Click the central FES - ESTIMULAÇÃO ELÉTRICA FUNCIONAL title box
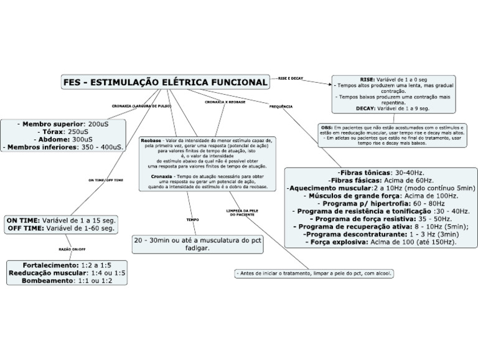(x=165, y=82)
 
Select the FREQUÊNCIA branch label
(x=281, y=107)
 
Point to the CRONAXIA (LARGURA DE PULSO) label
(x=141, y=107)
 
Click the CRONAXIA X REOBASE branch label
(x=225, y=102)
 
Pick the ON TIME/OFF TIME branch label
(x=105, y=180)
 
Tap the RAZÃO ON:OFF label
(x=72, y=249)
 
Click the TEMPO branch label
(x=193, y=220)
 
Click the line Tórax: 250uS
(x=64, y=132)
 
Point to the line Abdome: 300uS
(x=63, y=140)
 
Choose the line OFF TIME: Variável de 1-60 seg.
(x=61, y=229)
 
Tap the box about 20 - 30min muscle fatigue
(x=197, y=244)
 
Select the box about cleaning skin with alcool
(x=314, y=273)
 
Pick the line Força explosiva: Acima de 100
(x=380, y=242)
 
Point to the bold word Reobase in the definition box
(x=151, y=141)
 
